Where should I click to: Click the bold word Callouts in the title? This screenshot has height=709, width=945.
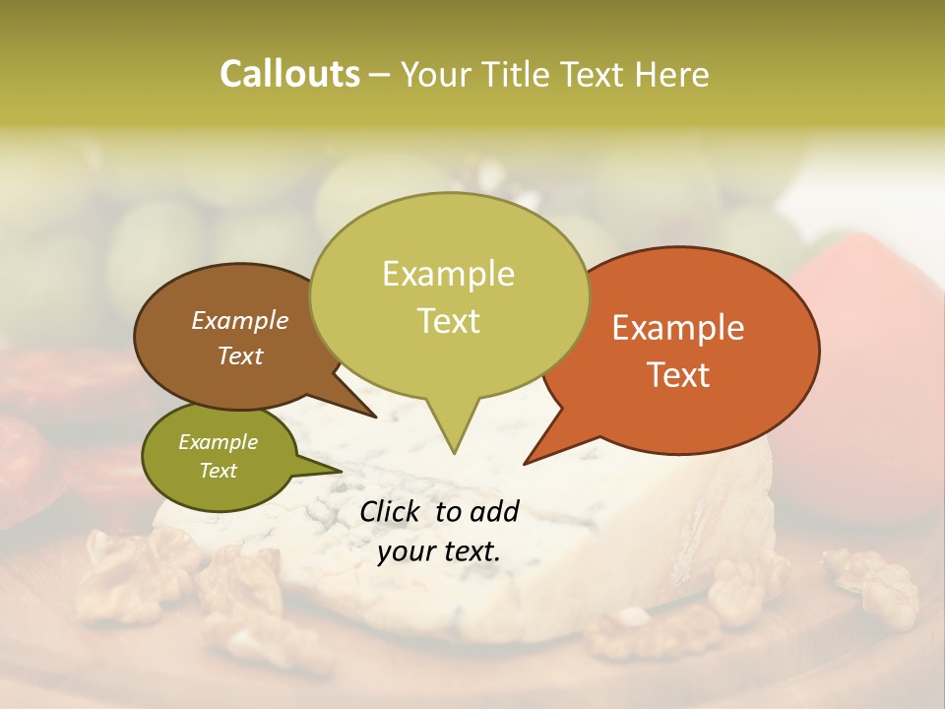pos(289,74)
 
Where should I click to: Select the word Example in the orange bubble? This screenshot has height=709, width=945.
pos(678,328)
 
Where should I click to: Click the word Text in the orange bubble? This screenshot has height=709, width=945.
pos(678,374)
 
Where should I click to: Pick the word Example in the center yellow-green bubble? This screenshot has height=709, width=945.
pos(448,274)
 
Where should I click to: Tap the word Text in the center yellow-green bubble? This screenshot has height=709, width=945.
pos(448,321)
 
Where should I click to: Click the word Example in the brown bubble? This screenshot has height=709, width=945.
pos(239,320)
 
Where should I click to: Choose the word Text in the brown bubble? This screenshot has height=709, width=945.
pos(239,355)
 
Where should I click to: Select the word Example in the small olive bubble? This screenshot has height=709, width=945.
pos(218,442)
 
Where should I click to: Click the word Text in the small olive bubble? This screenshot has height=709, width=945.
pos(218,471)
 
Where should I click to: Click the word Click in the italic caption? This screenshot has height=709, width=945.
pos(393,511)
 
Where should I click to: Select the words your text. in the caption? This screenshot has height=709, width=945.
pos(439,551)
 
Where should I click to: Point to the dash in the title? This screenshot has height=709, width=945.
pos(381,74)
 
